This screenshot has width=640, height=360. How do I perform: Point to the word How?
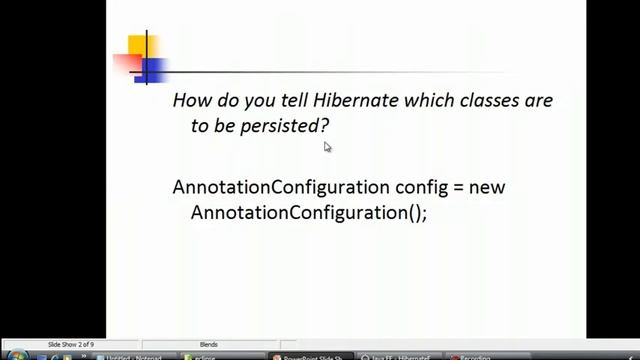click(192, 101)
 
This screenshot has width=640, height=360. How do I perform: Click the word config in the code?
click(420, 187)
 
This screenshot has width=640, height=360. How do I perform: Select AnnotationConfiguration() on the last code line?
click(308, 213)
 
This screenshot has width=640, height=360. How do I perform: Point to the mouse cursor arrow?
click(326, 146)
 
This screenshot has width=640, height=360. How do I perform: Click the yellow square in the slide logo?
click(137, 45)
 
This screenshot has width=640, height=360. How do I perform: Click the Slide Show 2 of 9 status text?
click(71, 345)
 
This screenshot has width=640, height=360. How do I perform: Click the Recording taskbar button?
click(476, 356)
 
